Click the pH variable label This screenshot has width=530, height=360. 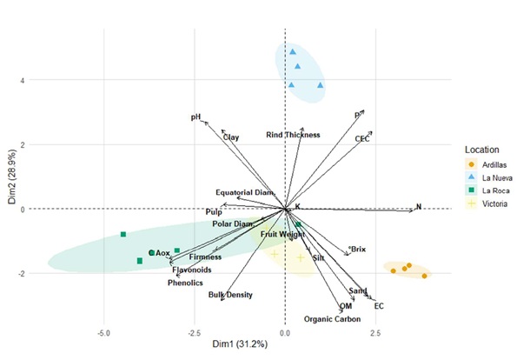click(195, 117)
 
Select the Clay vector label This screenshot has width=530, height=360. click(230, 137)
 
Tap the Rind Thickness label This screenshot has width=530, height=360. click(293, 135)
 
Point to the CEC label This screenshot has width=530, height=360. click(362, 138)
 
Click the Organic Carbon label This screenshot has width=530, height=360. click(333, 319)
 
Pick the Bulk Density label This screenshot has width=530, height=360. click(230, 295)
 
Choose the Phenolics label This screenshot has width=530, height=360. click(186, 283)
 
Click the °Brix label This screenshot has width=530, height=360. click(357, 250)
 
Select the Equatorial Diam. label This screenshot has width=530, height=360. click(245, 192)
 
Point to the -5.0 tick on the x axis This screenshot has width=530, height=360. click(104, 333)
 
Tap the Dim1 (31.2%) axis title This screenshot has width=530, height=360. click(286, 347)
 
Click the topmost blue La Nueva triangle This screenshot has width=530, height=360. click(293, 52)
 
